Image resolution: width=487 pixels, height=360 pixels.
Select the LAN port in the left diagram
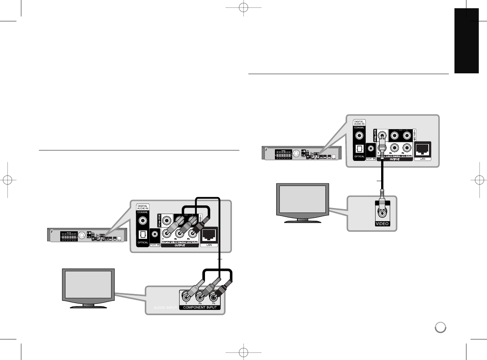pyautogui.click(x=209, y=236)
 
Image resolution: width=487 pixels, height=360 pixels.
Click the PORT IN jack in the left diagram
pyautogui.click(x=155, y=235)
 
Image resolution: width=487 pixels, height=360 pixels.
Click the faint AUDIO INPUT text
pyautogui.click(x=165, y=307)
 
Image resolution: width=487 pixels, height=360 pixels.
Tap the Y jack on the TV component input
pyautogui.click(x=186, y=297)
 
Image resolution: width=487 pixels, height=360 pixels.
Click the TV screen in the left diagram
pyautogui.click(x=88, y=284)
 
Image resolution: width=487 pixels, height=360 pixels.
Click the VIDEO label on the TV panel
pyautogui.click(x=382, y=224)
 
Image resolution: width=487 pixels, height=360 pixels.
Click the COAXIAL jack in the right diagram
pyautogui.click(x=359, y=135)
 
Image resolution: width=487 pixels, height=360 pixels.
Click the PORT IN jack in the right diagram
pyautogui.click(x=371, y=149)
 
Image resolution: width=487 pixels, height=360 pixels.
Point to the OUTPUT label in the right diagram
pyautogui.click(x=395, y=159)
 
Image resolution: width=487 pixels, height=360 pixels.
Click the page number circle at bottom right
pyautogui.click(x=440, y=327)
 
